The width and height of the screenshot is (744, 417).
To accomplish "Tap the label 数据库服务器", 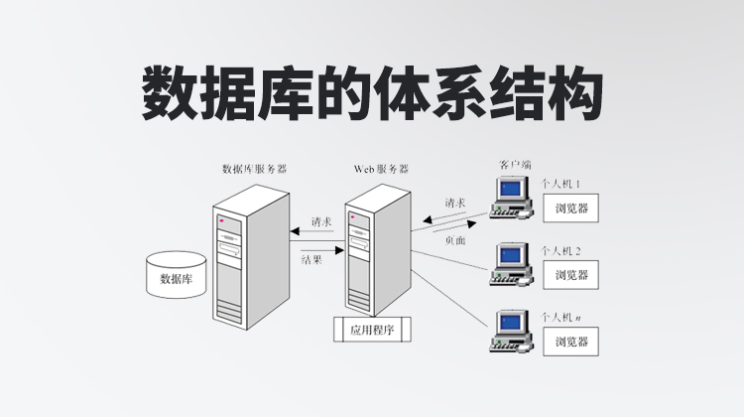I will tap(255, 169).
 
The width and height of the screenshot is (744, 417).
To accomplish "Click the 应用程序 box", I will tap(372, 328).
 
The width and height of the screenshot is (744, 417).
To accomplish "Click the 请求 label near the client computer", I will tap(455, 204).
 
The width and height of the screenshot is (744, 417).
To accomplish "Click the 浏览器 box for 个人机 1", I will tap(571, 209).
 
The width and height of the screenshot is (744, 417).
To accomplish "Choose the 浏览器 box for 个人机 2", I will tap(571, 275).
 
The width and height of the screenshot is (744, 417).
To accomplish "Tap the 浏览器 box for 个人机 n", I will tap(571, 342).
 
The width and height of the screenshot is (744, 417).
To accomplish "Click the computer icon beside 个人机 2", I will tap(511, 262).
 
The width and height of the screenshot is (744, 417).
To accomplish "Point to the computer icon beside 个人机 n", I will tap(511, 331).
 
